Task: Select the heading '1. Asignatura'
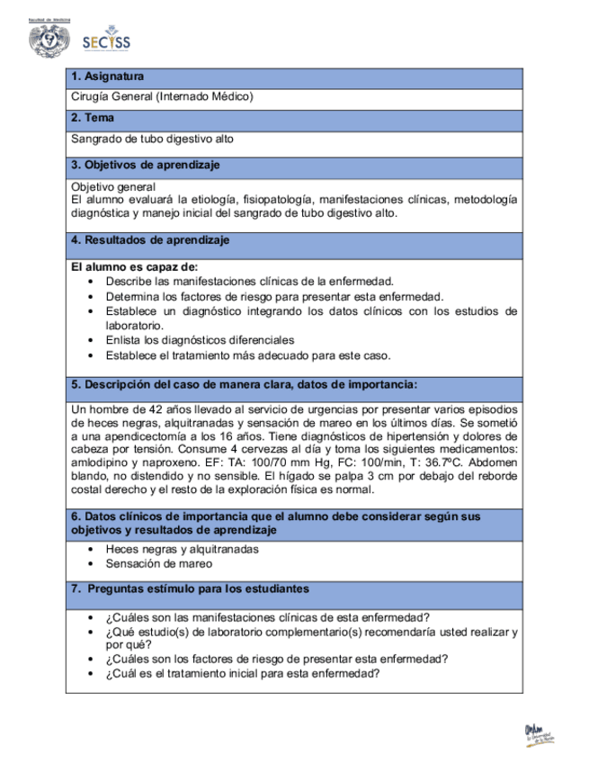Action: click(108, 77)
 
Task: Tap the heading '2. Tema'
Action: click(92, 118)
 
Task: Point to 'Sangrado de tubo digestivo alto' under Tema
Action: click(153, 139)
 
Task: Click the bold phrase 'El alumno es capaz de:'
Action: click(134, 267)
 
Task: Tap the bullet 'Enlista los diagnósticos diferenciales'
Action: click(200, 340)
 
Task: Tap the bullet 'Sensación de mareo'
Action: click(159, 564)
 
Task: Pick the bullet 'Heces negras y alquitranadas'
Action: click(183, 549)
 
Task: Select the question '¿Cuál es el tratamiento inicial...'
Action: click(242, 673)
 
